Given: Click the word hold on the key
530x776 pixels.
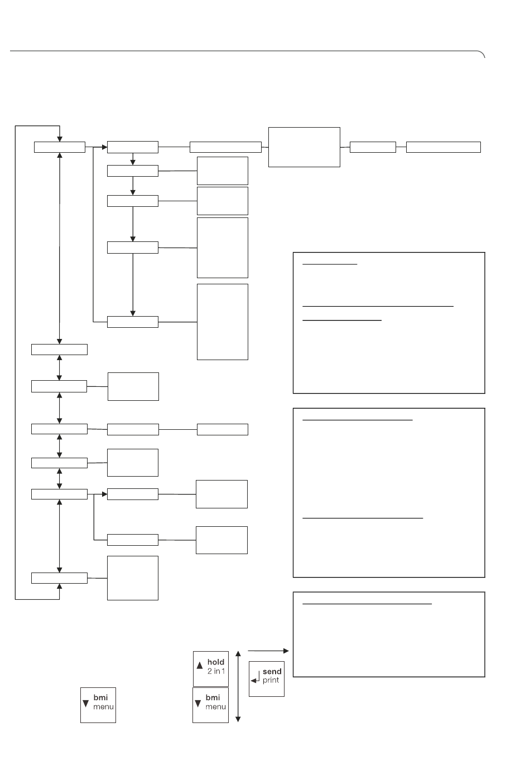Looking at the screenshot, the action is click(215, 662).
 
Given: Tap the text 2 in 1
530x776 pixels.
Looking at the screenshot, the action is click(216, 671).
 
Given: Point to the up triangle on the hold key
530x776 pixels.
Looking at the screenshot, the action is click(200, 665).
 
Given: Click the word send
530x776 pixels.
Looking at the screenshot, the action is click(272, 671).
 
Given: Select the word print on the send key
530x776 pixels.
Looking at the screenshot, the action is click(271, 680).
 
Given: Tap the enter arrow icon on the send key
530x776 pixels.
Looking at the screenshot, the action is click(255, 678).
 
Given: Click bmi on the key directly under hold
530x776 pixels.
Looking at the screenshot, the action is click(213, 697).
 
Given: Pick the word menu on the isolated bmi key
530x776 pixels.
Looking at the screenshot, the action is click(103, 706).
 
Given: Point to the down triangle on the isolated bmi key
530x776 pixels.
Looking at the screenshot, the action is click(85, 704).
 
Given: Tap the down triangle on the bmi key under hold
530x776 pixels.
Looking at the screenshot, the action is click(198, 704).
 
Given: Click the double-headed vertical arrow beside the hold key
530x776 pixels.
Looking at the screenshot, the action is click(238, 686).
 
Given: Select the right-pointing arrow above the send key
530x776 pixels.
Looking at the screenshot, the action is click(268, 651).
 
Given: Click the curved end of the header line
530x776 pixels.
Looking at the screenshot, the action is click(482, 53).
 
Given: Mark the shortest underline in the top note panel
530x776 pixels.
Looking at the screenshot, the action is click(330, 264).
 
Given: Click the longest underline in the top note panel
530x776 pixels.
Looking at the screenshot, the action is click(378, 306).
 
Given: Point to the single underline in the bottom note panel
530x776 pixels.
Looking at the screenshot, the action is click(367, 604).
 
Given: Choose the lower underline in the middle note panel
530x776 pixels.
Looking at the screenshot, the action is click(363, 518).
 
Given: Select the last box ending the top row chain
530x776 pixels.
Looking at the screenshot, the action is click(444, 147).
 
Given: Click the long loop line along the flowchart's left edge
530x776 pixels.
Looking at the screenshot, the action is click(15, 362).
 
